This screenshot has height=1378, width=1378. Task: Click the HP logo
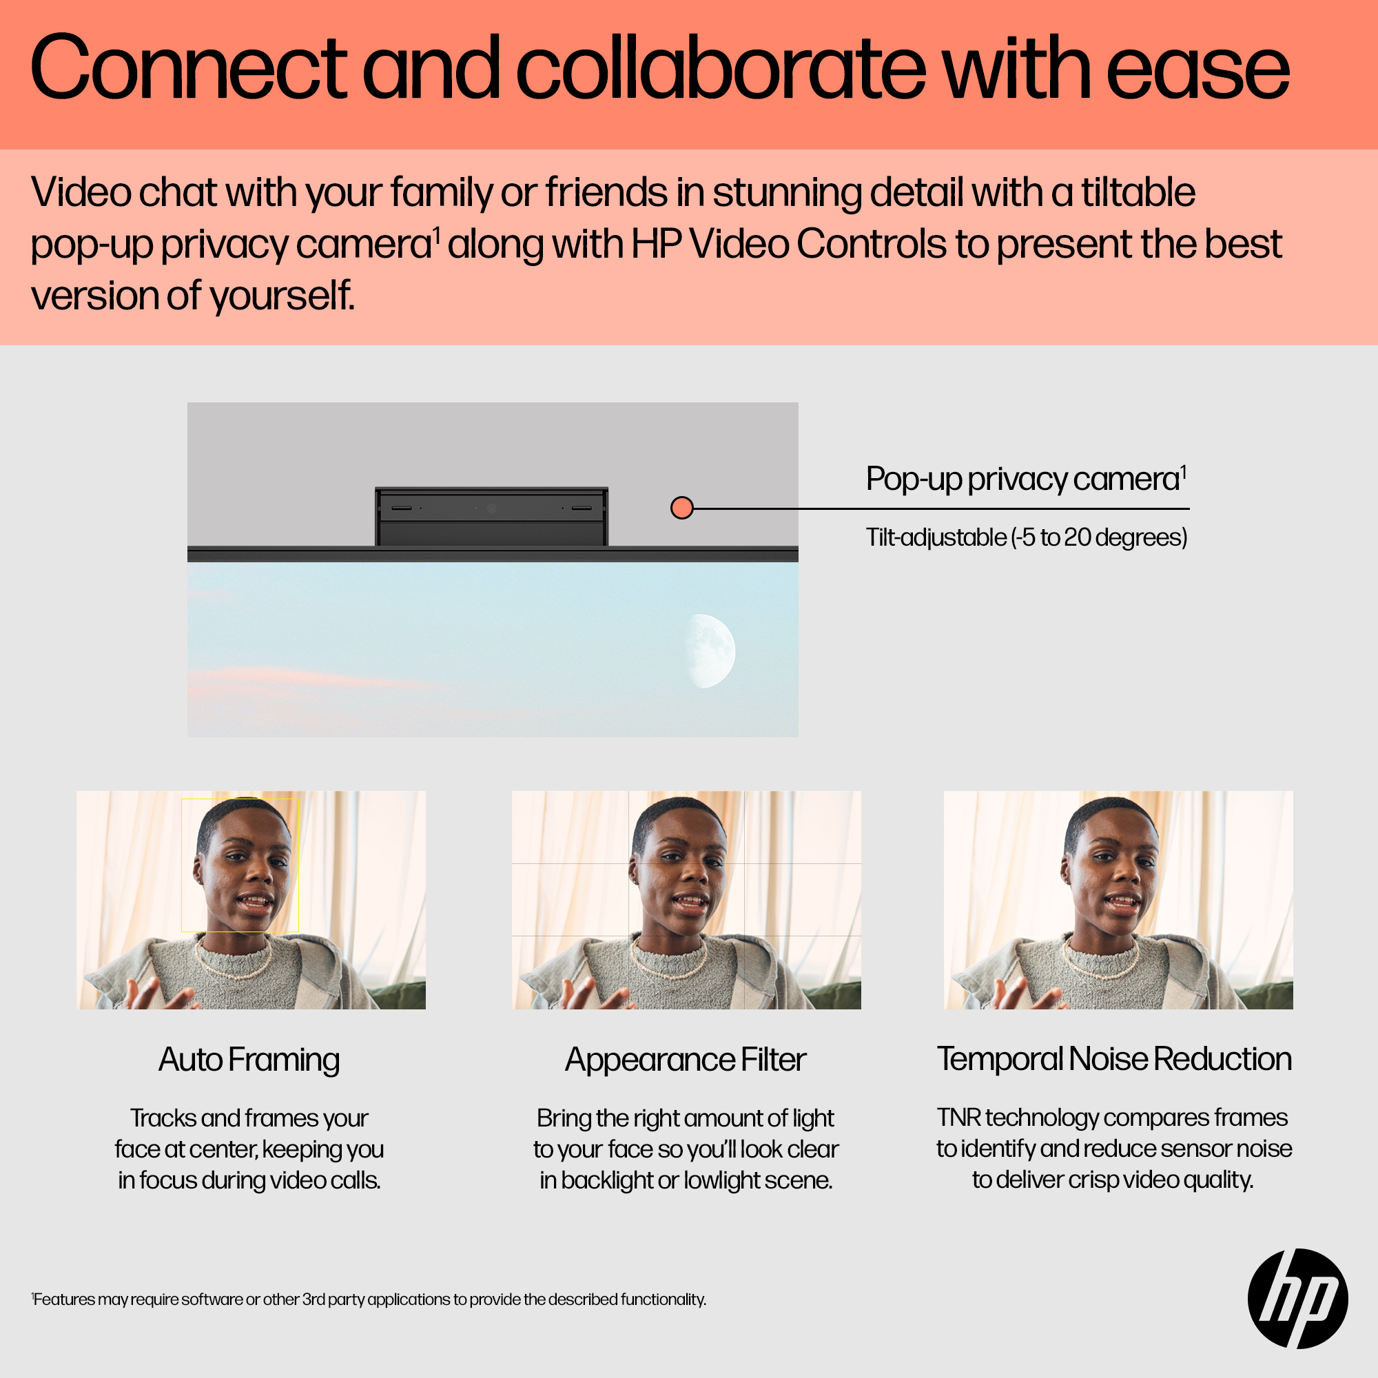1297,1298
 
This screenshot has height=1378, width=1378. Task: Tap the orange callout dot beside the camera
682,508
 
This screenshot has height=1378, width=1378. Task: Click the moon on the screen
710,650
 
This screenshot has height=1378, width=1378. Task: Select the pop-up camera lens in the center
491,508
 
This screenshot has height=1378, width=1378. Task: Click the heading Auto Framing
249,1060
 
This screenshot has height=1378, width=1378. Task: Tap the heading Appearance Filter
686,1060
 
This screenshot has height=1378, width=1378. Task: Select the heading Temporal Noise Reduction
1114,1059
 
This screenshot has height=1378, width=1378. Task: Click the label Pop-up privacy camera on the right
1026,480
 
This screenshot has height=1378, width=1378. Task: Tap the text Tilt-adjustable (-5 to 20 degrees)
1027,537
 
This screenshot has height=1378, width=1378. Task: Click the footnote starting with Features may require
368,1299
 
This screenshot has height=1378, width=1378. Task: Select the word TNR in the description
958,1118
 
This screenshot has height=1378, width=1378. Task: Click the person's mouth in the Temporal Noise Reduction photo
1122,904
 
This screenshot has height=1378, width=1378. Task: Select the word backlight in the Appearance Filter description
607,1180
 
